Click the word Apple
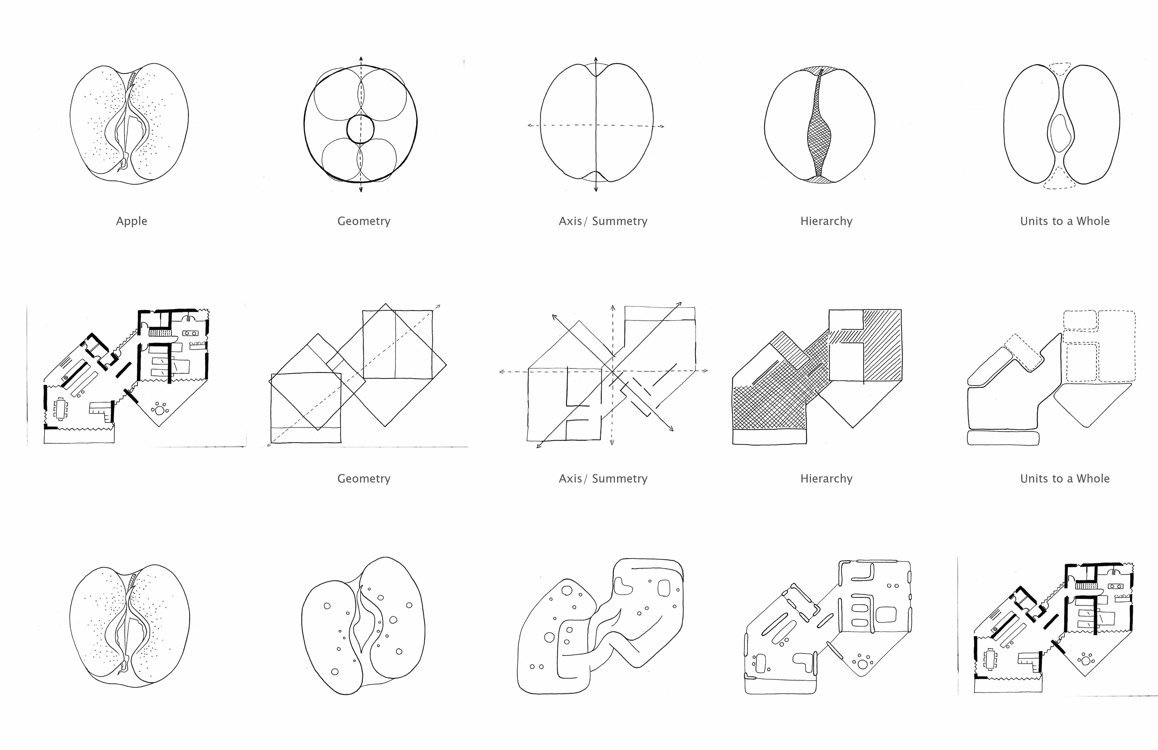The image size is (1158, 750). click(131, 221)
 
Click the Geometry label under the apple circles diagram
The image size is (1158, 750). click(364, 221)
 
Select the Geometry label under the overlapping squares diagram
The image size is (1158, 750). click(364, 479)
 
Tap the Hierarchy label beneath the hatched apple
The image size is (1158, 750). click(826, 221)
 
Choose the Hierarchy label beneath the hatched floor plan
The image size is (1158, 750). click(826, 479)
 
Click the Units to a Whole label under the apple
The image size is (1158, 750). click(1065, 221)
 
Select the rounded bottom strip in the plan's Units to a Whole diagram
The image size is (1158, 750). click(1003, 438)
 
